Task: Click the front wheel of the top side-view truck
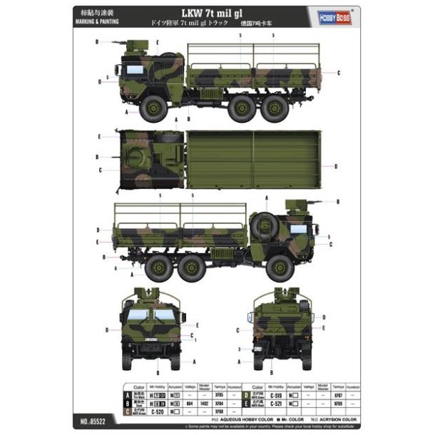pos(154,108)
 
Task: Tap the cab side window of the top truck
pos(133,70)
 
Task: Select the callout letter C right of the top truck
pos(337,73)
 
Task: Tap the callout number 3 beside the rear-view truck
pos(239,349)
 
